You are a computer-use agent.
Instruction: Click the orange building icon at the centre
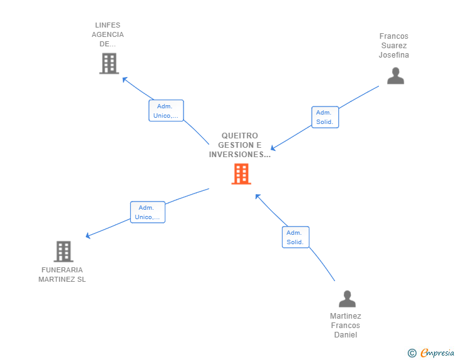241,174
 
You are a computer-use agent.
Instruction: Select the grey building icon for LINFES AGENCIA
109,63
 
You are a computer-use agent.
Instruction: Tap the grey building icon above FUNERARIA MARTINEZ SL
63,251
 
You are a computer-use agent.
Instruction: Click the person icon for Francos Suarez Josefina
395,76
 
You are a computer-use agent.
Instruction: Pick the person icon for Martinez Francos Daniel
347,299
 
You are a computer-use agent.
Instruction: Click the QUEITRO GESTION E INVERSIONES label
240,145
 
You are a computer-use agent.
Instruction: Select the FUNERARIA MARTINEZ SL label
62,275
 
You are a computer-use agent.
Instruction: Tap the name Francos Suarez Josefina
394,46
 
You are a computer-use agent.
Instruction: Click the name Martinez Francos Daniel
346,326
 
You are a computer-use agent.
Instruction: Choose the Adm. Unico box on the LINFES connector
166,111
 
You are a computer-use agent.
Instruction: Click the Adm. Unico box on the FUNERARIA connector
148,212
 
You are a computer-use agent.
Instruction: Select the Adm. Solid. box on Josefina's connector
325,117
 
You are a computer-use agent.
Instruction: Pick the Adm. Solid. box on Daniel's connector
296,237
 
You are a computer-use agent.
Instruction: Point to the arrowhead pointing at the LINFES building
125,80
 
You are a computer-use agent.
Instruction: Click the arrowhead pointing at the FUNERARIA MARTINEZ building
88,236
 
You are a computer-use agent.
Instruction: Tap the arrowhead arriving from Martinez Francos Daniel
257,197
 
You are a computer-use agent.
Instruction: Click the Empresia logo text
437,353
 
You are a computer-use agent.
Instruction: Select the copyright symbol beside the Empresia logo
412,353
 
